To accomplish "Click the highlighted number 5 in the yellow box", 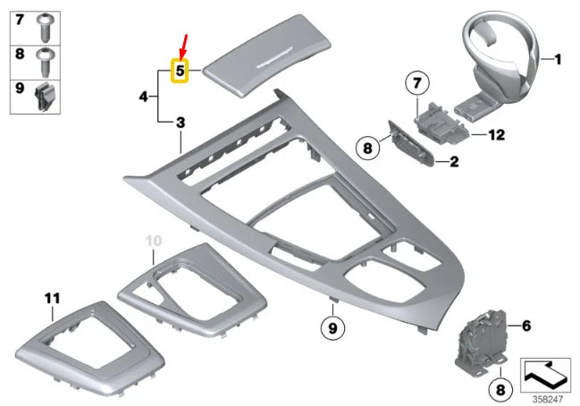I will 180,69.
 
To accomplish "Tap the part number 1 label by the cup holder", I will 559,61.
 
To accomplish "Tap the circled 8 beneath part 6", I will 500,389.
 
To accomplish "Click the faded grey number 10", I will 155,241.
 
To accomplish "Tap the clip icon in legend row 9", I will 43,95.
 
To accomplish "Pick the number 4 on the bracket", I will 142,95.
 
